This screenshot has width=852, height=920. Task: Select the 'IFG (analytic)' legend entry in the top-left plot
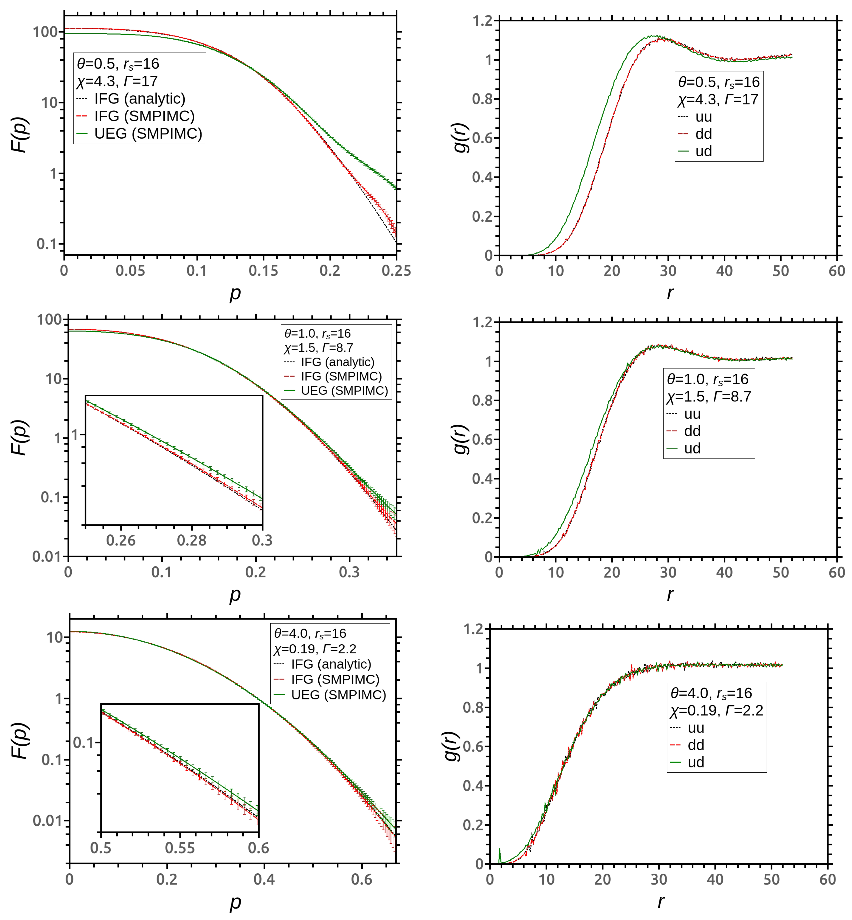pos(139,99)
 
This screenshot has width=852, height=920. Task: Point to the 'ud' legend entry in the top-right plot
pos(703,151)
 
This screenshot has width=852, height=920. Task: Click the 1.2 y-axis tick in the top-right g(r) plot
pos(482,21)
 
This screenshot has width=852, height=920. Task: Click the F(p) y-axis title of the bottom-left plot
pos(21,741)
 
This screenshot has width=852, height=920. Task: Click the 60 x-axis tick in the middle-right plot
pos(836,572)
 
